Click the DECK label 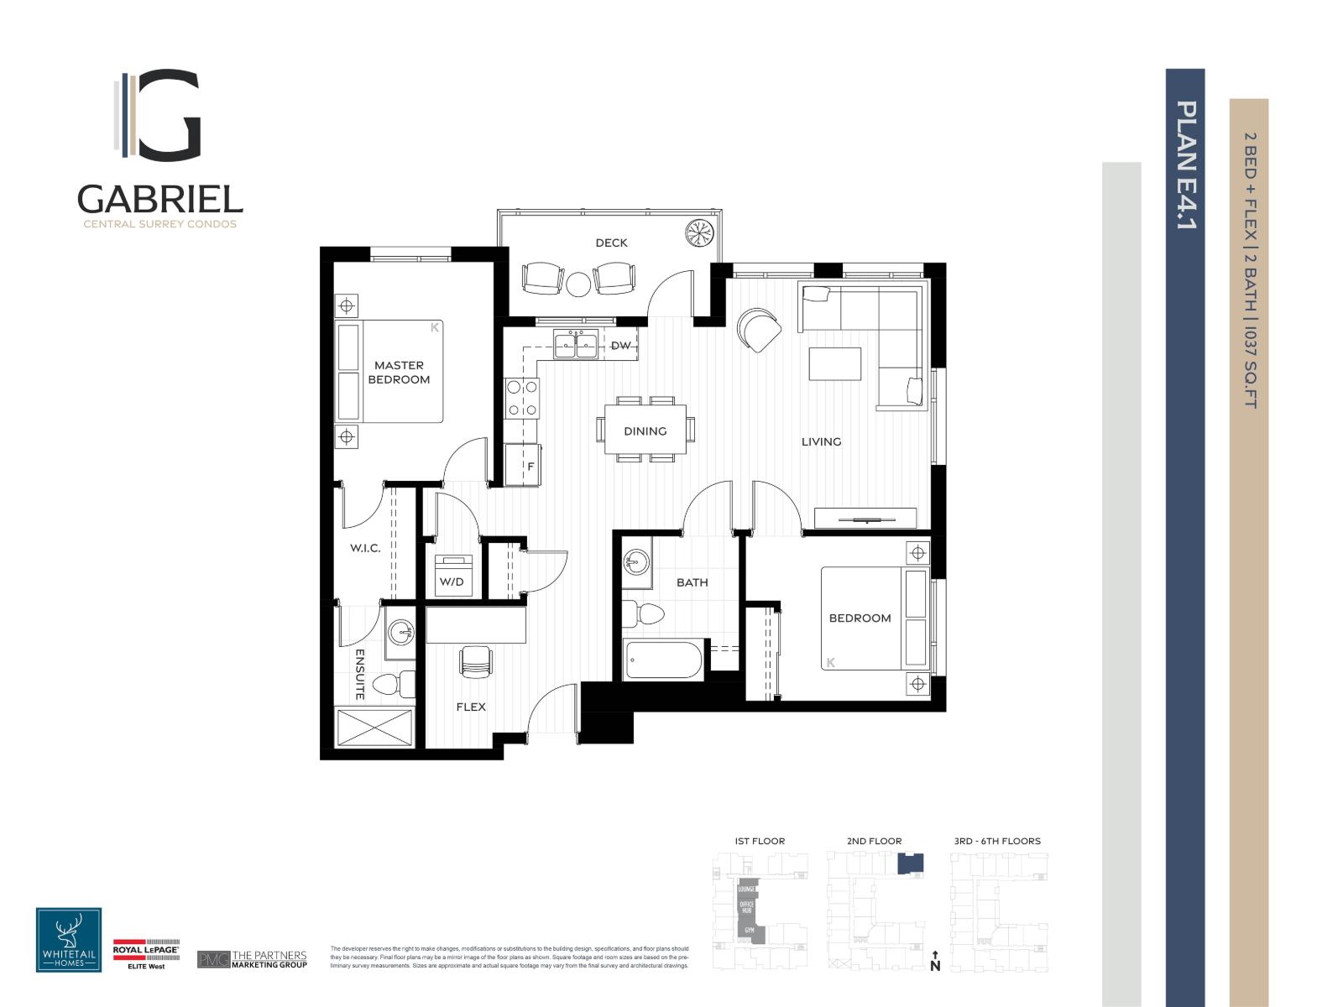pyautogui.click(x=611, y=243)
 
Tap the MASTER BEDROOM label pyautogui.click(x=400, y=372)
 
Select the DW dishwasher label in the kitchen pyautogui.click(x=620, y=346)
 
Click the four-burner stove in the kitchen pyautogui.click(x=521, y=399)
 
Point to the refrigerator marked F pyautogui.click(x=523, y=464)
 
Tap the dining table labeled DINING pyautogui.click(x=645, y=430)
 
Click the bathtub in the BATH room pyautogui.click(x=663, y=660)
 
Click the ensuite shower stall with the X pyautogui.click(x=374, y=728)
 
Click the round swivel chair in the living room pyautogui.click(x=758, y=330)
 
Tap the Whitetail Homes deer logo pyautogui.click(x=69, y=940)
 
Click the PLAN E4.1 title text pyautogui.click(x=1185, y=165)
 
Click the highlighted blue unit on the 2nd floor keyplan pyautogui.click(x=910, y=864)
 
